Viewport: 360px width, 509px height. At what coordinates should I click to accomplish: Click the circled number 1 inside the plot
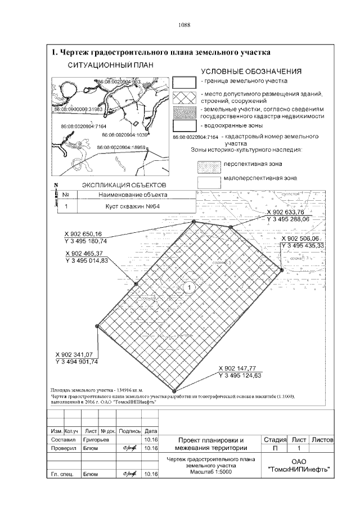[x=190, y=287]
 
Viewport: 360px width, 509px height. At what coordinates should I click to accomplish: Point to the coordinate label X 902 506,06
[x=303, y=238]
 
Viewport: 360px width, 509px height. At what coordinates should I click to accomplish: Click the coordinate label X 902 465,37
[x=87, y=254]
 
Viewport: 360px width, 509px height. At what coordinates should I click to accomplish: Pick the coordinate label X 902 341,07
[x=77, y=355]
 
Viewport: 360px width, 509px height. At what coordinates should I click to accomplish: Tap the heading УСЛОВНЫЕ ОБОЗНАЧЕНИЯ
[x=251, y=72]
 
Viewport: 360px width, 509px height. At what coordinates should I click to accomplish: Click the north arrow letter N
[x=56, y=186]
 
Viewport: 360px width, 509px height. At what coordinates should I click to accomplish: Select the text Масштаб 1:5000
[x=210, y=471]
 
